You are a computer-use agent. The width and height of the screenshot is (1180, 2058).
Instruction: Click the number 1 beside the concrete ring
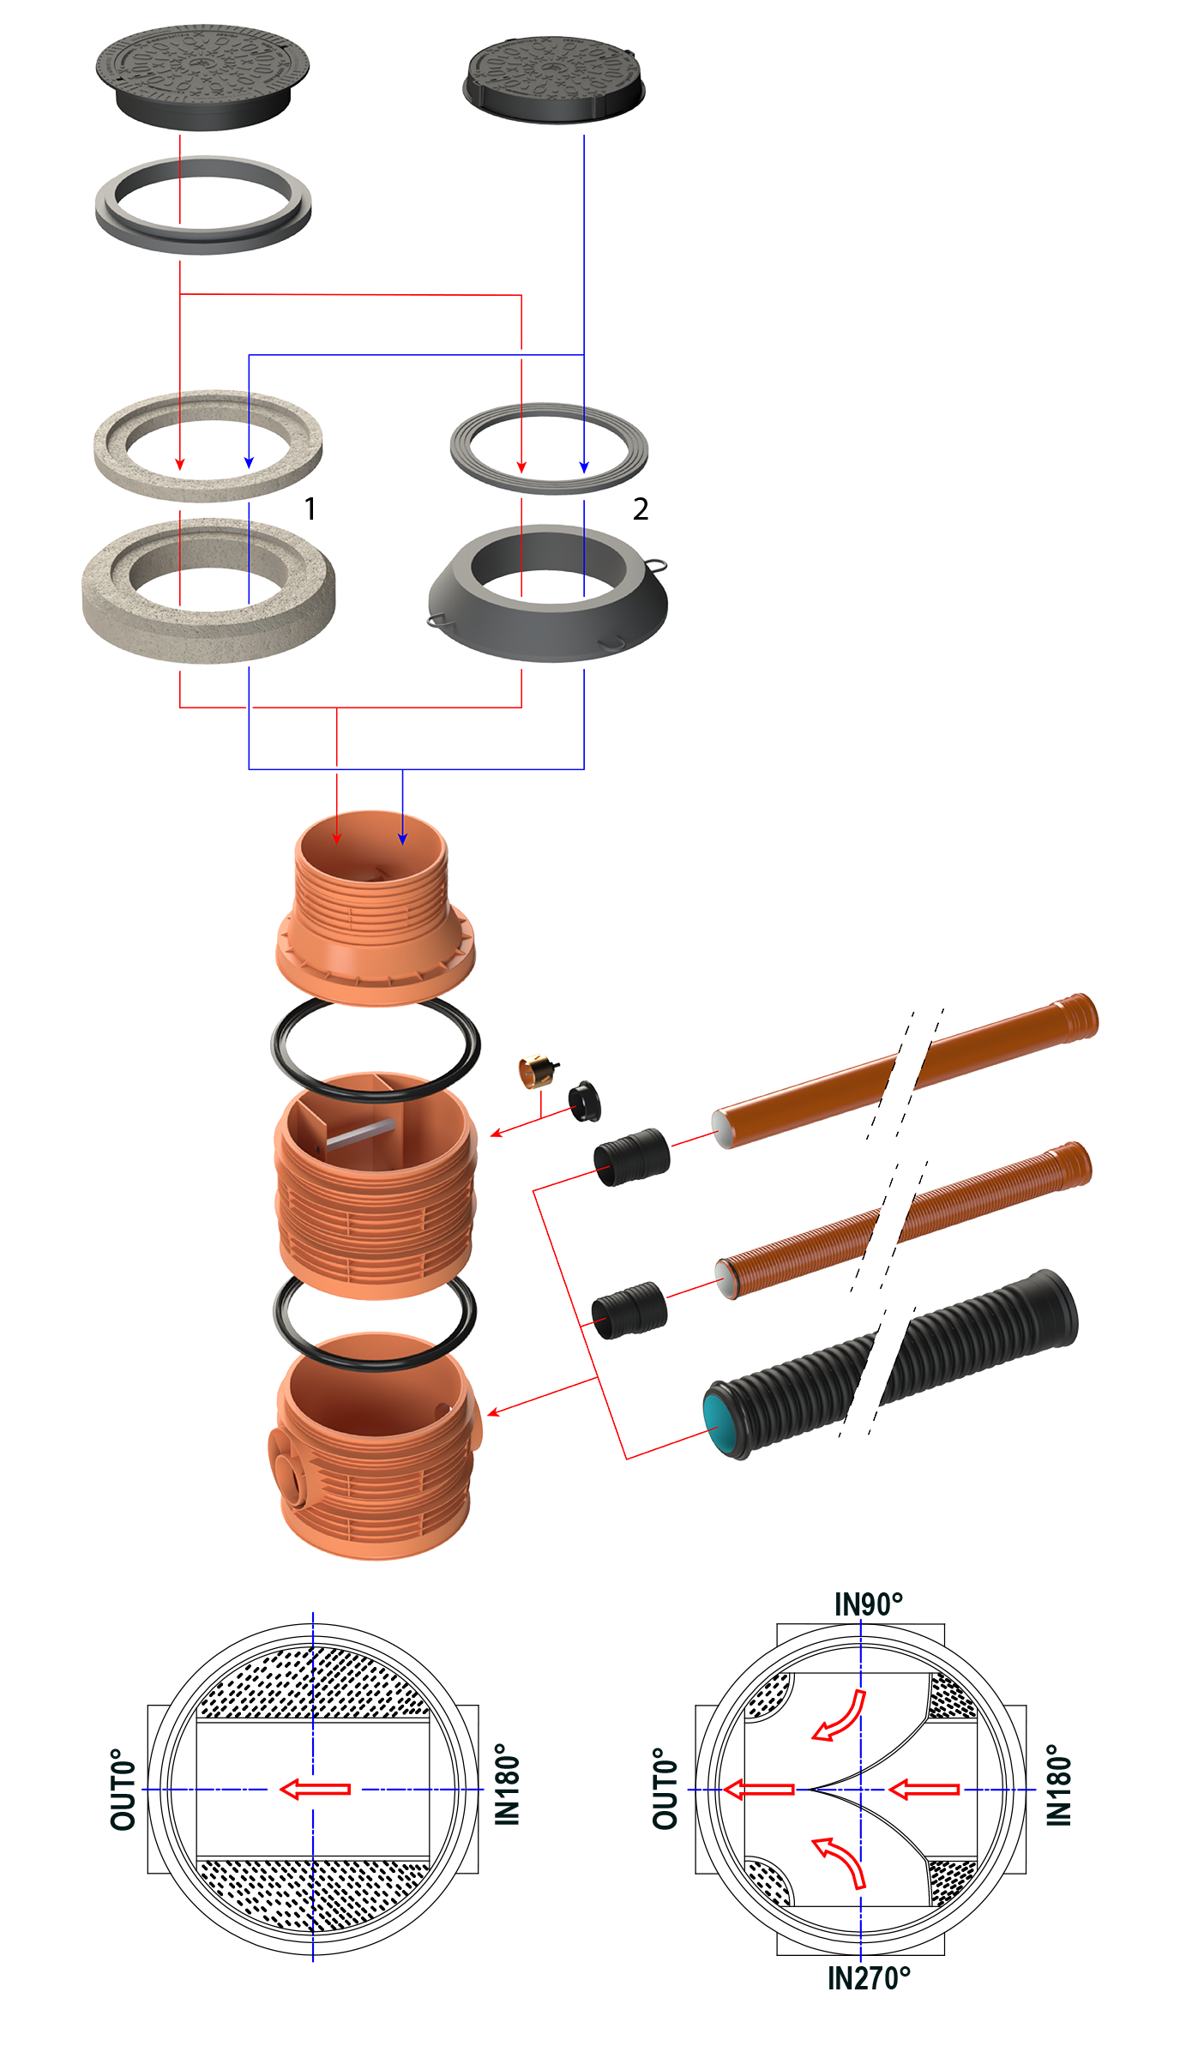click(x=310, y=509)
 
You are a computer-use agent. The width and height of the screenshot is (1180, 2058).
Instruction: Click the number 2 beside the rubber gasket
click(x=640, y=509)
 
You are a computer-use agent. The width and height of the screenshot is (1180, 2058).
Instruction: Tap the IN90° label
click(x=868, y=1604)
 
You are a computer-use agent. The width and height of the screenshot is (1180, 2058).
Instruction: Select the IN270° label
click(x=868, y=1977)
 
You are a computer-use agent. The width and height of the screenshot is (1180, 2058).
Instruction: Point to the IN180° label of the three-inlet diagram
click(x=1060, y=1789)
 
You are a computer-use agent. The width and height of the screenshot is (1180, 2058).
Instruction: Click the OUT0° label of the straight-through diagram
click(x=123, y=1789)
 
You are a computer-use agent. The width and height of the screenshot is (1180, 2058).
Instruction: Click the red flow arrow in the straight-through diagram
click(x=315, y=1789)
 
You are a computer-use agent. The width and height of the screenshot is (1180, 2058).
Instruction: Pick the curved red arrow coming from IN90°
click(x=841, y=1714)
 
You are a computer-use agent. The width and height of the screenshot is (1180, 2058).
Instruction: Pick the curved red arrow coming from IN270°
click(x=841, y=1861)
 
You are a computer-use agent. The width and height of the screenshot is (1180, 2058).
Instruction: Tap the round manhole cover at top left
click(x=202, y=73)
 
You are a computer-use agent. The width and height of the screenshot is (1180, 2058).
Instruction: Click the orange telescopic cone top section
click(x=375, y=909)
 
